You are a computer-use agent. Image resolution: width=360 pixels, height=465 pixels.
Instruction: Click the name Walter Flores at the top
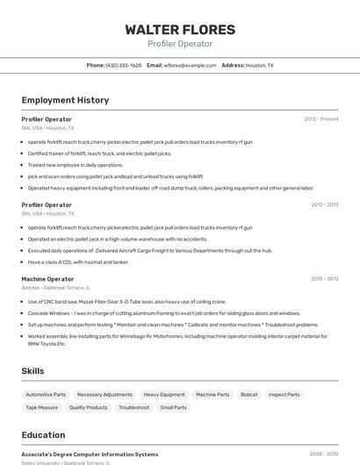tap(180, 29)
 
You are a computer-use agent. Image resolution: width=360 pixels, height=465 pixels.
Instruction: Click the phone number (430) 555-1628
tap(123, 65)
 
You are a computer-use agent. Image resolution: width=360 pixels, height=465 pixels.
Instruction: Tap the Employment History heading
tap(65, 100)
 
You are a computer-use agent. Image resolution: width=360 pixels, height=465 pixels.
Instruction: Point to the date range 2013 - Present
tap(321, 118)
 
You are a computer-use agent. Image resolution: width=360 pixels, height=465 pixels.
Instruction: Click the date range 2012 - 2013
tap(324, 204)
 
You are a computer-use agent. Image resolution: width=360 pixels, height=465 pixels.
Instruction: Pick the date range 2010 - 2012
tap(324, 278)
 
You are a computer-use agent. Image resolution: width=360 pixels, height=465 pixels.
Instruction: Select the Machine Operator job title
tap(47, 279)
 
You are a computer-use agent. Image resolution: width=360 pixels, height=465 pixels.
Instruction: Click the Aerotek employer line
tap(56, 287)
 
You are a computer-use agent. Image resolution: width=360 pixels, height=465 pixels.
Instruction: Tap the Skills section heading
tap(33, 371)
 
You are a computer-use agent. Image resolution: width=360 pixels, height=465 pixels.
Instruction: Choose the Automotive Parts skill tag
tap(46, 395)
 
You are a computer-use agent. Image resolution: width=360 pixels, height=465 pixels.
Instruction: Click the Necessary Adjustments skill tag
tap(104, 395)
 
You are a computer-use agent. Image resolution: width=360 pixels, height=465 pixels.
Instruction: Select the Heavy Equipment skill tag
tap(164, 395)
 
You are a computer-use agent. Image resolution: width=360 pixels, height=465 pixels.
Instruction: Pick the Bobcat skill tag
tap(248, 395)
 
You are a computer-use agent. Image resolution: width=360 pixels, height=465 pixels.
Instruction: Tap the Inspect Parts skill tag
tap(284, 395)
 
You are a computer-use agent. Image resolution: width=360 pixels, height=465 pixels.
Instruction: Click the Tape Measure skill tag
tap(41, 407)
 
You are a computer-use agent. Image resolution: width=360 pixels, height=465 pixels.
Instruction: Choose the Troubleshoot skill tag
tap(133, 407)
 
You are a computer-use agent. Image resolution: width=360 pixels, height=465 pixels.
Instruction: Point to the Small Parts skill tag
tap(173, 407)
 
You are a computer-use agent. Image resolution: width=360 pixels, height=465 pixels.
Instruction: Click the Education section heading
tap(43, 434)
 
